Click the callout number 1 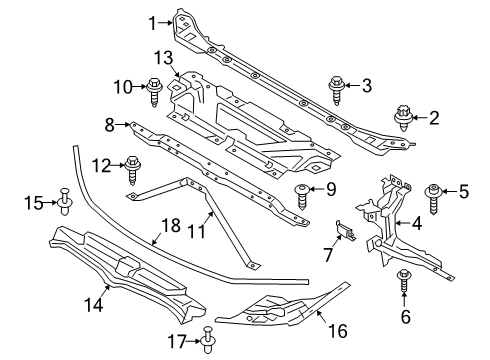pos(152,23)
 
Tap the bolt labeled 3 pos(337,90)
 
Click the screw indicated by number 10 pos(154,92)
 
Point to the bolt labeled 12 pos(133,170)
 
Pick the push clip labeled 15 pos(65,201)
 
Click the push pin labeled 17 pos(209,340)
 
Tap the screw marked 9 pos(302,196)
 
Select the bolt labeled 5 pos(433,199)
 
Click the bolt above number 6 pos(404,282)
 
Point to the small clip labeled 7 pos(346,230)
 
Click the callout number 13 pos(164,58)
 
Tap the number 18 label pos(171,225)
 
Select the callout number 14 pos(94,305)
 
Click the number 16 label pos(338,331)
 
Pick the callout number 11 pos(197,231)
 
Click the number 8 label pos(110,126)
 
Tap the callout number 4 pos(417,223)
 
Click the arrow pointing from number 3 pos(353,85)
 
